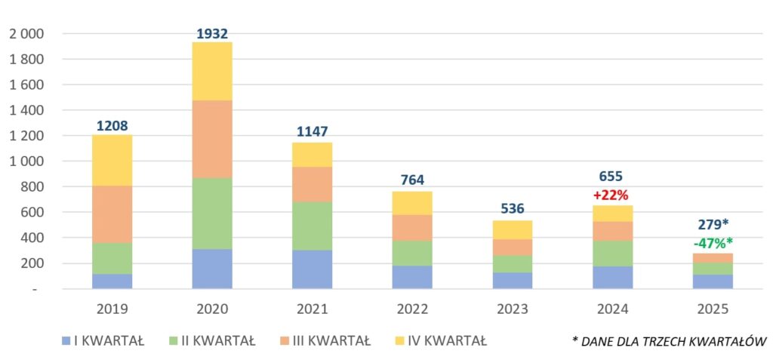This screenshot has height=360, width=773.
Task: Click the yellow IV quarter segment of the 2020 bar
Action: pos(212,71)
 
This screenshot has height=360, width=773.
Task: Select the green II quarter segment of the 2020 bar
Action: pos(212,214)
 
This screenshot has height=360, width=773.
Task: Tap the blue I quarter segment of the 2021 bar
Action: pos(313,269)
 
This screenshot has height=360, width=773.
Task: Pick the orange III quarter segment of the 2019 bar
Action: pos(112,214)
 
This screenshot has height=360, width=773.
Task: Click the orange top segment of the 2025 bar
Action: pos(713,257)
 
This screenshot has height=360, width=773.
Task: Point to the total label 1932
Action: pos(212,33)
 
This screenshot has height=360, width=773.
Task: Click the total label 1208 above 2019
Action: pos(112,126)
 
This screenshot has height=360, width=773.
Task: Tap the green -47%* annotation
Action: pos(713,242)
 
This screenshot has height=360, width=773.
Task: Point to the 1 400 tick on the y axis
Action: pos(26,110)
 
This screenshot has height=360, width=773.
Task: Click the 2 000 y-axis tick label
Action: pos(26,34)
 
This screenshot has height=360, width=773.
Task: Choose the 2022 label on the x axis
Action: pos(412,309)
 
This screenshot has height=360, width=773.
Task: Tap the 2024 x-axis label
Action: pos(613,309)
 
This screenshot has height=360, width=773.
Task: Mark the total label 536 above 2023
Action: pos(513,208)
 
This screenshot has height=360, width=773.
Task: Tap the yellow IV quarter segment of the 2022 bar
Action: pos(412,203)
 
